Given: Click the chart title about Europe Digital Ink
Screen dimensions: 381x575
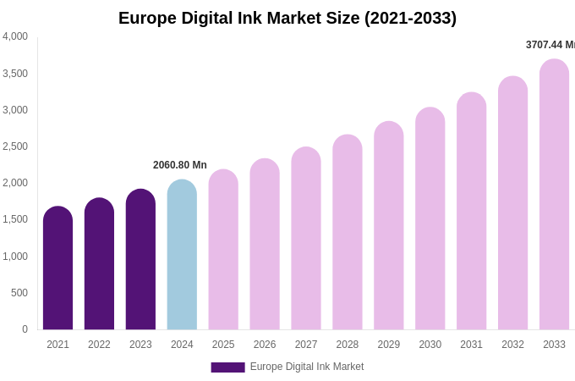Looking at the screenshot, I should click(287, 18).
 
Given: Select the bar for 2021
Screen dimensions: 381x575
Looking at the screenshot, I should click(57, 268).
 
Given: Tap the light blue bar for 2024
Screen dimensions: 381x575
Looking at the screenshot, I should click(182, 255).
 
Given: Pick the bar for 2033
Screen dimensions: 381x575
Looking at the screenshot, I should click(554, 195).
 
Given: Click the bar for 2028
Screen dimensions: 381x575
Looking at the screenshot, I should click(348, 232).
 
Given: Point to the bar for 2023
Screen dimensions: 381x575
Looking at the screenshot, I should click(140, 260).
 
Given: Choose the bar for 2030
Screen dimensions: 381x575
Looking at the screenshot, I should click(430, 218).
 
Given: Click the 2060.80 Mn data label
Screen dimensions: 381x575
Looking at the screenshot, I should click(180, 165).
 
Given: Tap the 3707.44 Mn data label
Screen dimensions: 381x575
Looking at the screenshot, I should click(550, 45).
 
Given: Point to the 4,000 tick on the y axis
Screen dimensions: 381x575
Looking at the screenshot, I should click(15, 36).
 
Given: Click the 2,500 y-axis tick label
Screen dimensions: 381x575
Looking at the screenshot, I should click(15, 146).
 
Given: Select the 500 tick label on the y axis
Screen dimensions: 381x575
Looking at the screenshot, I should click(19, 293).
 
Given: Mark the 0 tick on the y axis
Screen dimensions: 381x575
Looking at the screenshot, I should click(25, 329).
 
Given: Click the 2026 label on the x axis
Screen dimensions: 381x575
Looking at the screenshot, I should click(265, 345).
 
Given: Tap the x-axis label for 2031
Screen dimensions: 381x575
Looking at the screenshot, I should click(471, 345).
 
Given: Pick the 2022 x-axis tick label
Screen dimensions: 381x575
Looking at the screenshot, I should click(99, 345).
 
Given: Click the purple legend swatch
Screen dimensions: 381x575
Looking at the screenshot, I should click(227, 367).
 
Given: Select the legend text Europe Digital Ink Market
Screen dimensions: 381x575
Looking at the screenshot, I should click(307, 367).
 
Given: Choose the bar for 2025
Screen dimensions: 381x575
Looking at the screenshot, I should click(223, 250).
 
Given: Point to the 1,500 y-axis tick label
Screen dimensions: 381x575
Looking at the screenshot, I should click(15, 219).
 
